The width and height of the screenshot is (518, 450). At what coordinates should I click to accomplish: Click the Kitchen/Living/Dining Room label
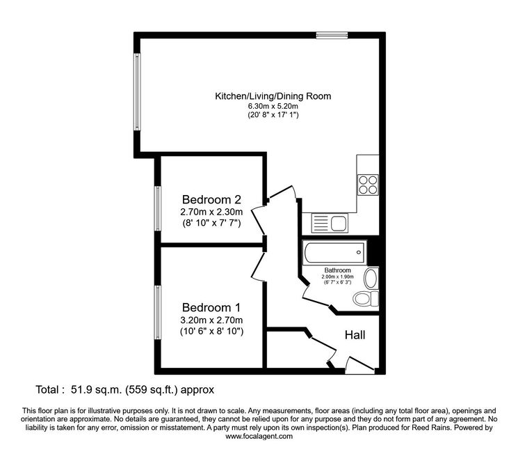273,96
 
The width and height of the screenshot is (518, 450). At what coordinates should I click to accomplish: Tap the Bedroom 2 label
211,200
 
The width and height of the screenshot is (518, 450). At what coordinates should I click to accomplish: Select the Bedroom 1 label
211,308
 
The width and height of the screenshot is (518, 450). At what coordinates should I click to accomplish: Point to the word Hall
355,335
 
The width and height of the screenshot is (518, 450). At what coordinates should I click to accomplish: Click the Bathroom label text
337,270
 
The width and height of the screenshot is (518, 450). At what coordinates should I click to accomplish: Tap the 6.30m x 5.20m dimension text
273,106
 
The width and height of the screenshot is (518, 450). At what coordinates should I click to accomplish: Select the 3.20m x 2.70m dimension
211,320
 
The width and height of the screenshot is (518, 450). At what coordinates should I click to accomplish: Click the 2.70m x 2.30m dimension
211,212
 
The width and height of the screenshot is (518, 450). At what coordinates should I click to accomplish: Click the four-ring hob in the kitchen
368,185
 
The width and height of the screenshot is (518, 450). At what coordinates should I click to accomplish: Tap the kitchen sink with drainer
330,223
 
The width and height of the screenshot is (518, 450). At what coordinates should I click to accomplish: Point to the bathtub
334,253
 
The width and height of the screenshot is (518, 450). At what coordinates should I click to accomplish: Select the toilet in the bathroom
366,299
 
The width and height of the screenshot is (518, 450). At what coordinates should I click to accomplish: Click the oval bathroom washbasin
371,279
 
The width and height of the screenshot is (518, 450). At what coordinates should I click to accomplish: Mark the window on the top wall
332,35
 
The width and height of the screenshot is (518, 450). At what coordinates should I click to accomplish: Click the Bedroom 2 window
158,208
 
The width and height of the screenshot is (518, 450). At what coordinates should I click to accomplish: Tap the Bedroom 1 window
158,312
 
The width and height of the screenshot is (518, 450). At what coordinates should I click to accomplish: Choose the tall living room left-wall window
137,92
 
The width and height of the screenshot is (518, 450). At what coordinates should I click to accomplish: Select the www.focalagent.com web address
259,436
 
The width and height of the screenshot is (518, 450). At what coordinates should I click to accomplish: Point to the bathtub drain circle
359,252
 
